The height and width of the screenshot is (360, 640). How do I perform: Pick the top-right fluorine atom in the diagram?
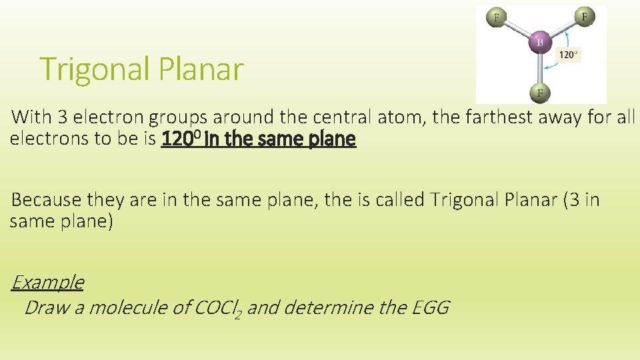[584, 17]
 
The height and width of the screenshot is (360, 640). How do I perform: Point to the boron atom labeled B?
[539, 43]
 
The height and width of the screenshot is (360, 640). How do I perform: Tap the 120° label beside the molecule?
[568, 55]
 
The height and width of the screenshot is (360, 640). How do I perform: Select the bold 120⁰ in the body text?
[179, 139]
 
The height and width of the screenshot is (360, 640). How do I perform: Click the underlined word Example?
[47, 282]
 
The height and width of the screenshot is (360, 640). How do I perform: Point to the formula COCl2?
[216, 308]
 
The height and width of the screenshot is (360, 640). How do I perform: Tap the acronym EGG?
[431, 307]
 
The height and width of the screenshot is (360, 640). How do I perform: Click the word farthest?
[479, 117]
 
